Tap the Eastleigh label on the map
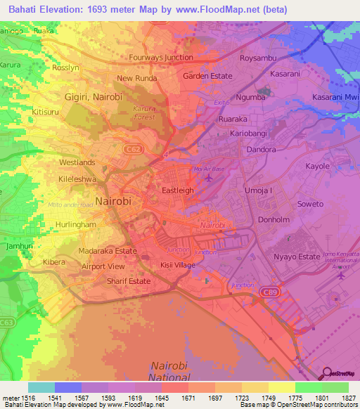(178, 190)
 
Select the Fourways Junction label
(161, 58)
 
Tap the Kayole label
(317, 167)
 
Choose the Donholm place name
(274, 219)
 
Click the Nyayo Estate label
(297, 257)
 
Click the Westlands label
(77, 162)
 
